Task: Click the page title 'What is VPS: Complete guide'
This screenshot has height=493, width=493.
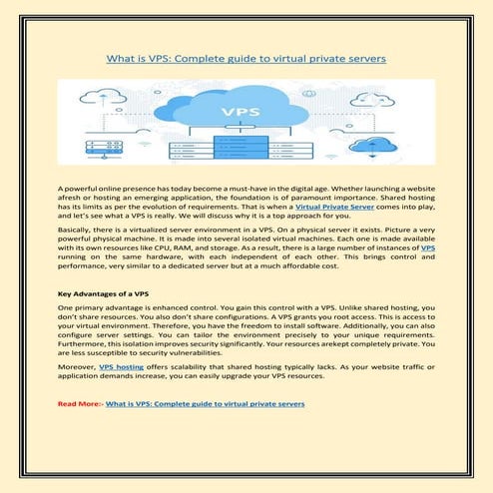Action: tap(246, 59)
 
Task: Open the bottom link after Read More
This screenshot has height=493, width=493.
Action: tap(206, 404)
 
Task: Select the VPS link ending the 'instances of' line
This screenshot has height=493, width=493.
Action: tap(428, 250)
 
